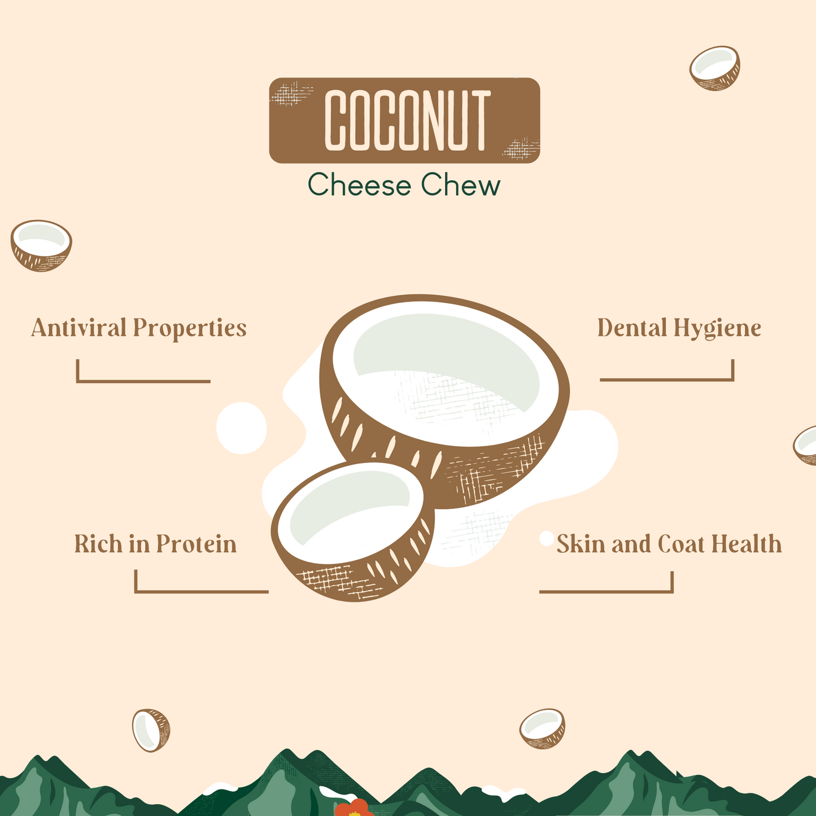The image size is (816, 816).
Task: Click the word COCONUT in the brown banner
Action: (405, 121)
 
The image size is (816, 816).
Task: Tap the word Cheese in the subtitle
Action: (360, 185)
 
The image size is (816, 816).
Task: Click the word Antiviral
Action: (78, 328)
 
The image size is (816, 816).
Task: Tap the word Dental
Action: (632, 328)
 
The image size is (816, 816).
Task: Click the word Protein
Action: (196, 544)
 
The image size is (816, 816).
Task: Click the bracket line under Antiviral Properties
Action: (143, 381)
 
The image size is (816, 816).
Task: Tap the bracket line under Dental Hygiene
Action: (667, 379)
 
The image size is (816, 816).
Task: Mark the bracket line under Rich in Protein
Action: (201, 591)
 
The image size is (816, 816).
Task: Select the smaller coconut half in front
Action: (352, 531)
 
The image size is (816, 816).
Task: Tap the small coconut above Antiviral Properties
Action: (41, 245)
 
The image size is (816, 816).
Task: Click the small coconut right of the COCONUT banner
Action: (715, 68)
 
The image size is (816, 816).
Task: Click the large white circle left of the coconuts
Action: (241, 428)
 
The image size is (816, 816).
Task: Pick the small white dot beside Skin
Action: (546, 538)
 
